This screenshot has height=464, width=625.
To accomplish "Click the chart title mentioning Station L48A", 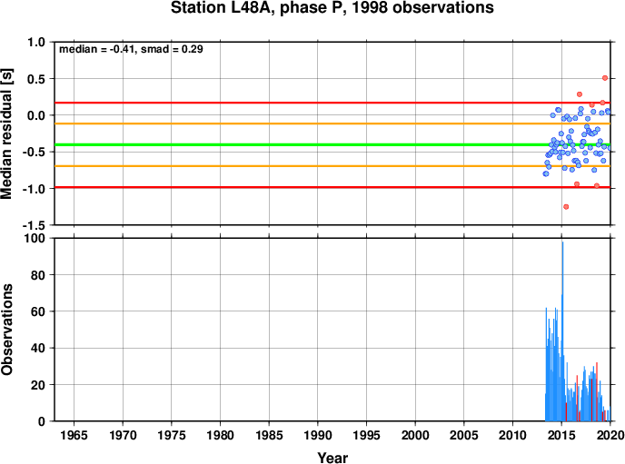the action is click(x=332, y=7).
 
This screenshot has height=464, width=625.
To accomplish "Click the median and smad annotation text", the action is click(x=131, y=49).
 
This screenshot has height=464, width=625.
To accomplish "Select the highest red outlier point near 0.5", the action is click(x=605, y=78).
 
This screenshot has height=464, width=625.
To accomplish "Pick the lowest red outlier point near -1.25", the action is click(x=566, y=207).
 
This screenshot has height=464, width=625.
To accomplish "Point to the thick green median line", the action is click(x=332, y=144).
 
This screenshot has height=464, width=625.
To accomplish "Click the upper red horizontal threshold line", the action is click(x=332, y=103).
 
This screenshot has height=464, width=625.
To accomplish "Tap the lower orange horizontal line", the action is click(x=332, y=165).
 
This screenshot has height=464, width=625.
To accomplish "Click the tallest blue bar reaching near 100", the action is click(x=562, y=331).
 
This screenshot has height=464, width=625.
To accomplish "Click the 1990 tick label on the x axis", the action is click(x=318, y=435).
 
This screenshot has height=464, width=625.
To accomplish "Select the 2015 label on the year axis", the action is click(x=561, y=435).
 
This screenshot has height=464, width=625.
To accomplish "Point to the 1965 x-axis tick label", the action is click(x=74, y=435).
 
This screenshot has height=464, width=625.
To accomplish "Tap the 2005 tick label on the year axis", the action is click(x=464, y=435).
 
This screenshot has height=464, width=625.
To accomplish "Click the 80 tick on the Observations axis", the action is click(x=38, y=275).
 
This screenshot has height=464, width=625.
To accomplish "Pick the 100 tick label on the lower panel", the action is click(x=35, y=238).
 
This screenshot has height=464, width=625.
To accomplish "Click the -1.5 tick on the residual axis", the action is click(x=34, y=225).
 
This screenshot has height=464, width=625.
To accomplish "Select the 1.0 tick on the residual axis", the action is click(x=36, y=42).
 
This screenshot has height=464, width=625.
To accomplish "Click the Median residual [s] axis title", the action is click(x=6, y=133).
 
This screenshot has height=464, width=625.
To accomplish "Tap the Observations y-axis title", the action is click(x=6, y=330).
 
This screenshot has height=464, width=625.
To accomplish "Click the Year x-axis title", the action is click(x=332, y=458).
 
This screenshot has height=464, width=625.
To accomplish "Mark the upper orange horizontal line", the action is click(x=332, y=123).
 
